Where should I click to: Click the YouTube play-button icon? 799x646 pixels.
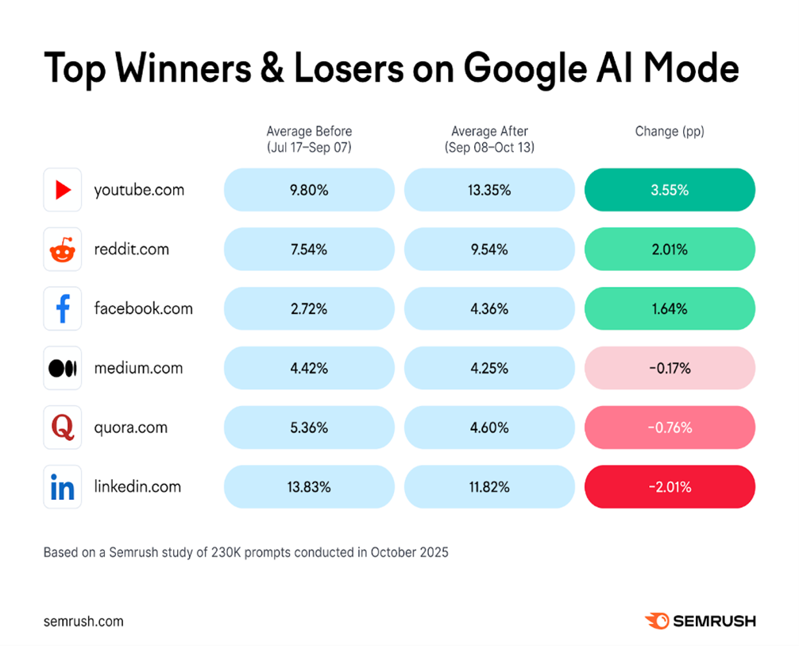point(63,191)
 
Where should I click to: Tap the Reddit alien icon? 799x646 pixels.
point(63,250)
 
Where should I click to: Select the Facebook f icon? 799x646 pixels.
point(63,308)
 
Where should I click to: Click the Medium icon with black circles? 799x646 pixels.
point(63,368)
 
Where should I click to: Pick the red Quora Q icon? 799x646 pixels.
point(63,427)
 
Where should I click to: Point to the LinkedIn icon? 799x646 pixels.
point(63,487)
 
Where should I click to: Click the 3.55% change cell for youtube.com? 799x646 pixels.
point(670,190)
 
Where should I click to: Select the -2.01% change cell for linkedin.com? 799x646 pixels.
point(670,487)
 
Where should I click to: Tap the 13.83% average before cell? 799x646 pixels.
point(309,487)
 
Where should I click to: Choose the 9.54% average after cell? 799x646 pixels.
point(489,250)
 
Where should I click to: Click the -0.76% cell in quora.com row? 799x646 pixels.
point(670,427)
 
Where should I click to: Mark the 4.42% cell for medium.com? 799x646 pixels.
point(309,368)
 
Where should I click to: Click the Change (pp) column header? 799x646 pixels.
point(670,131)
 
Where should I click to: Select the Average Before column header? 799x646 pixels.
point(309,138)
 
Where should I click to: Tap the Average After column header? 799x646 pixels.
point(489,138)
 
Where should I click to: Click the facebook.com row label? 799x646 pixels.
point(143,308)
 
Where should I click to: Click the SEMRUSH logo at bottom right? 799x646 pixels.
point(700,621)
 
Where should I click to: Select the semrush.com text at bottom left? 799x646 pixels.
point(83,621)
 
